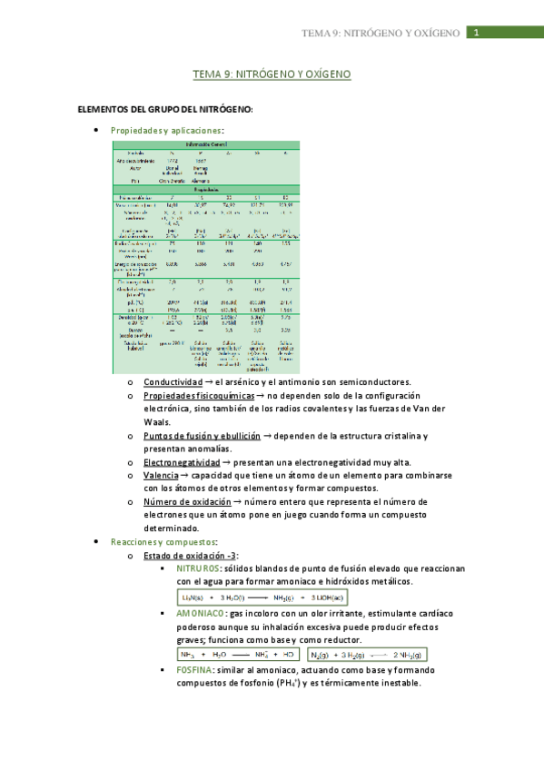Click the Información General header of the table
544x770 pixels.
208,144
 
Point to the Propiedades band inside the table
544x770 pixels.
208,189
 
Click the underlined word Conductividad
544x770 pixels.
173,382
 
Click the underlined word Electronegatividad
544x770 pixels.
183,462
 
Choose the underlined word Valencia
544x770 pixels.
161,475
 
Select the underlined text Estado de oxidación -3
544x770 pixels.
190,555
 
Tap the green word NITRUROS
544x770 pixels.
197,568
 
